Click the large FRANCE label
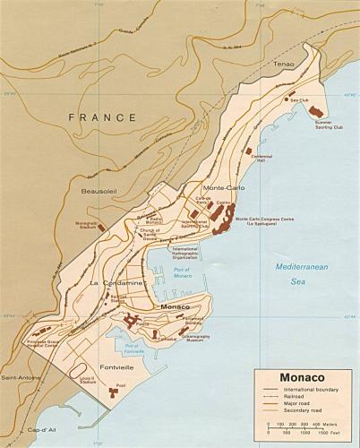coord(102,116)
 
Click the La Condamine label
coord(117,283)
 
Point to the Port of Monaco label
coord(183,274)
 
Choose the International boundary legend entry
coord(312,392)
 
